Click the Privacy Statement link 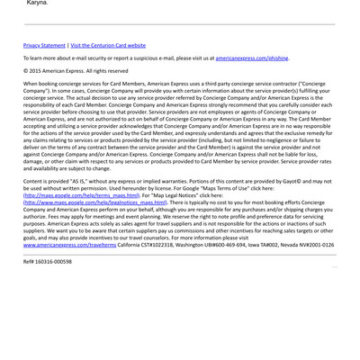(44, 44)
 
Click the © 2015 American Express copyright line (76, 70)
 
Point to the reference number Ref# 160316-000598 (48, 261)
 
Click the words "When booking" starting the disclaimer (41, 83)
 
